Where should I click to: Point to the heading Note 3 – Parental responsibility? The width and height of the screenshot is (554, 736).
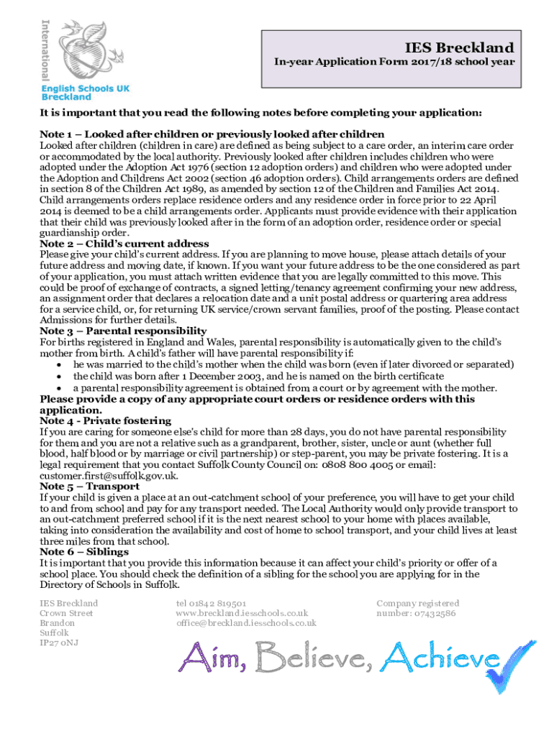pos(123,331)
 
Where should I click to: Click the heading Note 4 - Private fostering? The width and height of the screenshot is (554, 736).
pos(105,420)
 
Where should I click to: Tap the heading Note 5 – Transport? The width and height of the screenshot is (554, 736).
pos(90,486)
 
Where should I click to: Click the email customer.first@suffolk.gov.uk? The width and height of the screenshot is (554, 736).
pos(108,476)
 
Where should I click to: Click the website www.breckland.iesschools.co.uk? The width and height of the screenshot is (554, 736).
pos(242,613)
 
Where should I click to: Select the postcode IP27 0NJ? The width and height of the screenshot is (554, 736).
pos(60,643)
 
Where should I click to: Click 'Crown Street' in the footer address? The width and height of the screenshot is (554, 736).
pos(66,613)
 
